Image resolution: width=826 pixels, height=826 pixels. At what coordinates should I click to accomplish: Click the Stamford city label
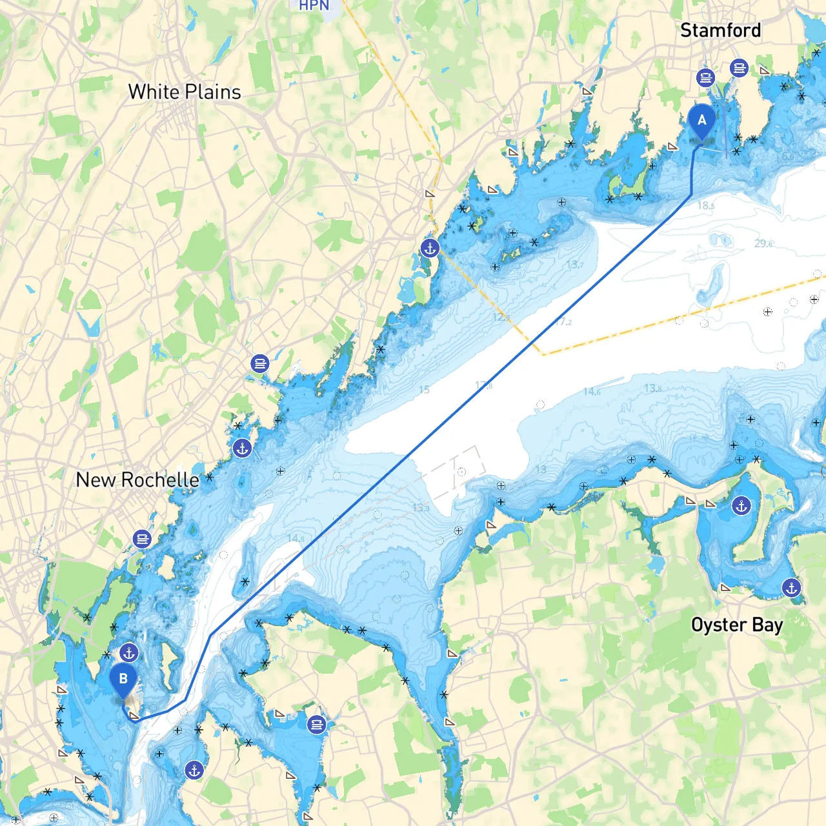tap(720, 30)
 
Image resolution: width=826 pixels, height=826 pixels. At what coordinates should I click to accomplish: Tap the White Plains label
tap(185, 92)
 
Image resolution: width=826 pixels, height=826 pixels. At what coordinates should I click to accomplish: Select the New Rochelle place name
tap(137, 479)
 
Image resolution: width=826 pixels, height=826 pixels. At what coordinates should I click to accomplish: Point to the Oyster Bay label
tap(737, 625)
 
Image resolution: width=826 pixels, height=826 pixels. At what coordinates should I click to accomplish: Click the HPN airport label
tap(314, 6)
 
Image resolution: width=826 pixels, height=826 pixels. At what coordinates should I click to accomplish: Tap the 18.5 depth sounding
tap(706, 206)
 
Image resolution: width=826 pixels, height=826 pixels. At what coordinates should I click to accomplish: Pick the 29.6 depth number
tap(763, 243)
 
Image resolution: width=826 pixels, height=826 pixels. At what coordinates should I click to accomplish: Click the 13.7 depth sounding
tap(574, 265)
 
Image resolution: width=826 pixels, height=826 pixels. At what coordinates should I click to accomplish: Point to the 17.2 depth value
tap(563, 321)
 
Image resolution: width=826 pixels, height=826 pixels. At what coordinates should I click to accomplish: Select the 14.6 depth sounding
tap(591, 391)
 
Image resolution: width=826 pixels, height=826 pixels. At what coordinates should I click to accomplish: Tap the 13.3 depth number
tap(421, 508)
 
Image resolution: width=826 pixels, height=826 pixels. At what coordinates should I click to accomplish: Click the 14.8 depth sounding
tap(295, 538)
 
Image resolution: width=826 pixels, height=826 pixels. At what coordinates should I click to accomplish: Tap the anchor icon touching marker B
tap(129, 653)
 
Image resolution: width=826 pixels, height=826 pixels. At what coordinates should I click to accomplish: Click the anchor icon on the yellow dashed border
tap(430, 247)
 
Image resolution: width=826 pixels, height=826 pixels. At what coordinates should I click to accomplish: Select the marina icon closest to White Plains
tap(260, 364)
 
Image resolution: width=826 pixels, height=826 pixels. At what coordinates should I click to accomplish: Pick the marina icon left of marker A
tap(705, 78)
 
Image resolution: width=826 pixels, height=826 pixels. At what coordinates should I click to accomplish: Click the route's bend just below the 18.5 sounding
tap(691, 194)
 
